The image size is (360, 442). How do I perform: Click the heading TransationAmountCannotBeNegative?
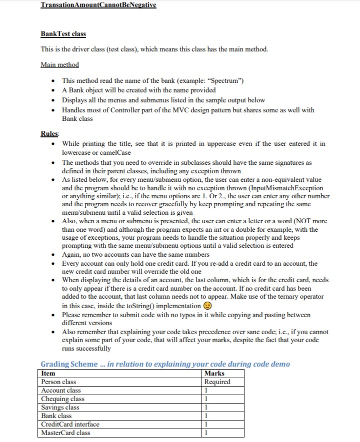98,5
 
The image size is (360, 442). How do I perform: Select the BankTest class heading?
63,34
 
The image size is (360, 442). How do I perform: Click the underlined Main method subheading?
59,65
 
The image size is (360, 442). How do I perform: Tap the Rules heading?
49,134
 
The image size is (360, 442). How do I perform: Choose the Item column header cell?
48,374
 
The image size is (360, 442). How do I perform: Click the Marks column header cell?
214,374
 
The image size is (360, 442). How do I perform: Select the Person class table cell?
58,382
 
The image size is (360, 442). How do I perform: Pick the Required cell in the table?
217,382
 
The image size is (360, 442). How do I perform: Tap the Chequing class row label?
62,399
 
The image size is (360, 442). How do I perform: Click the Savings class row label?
60,408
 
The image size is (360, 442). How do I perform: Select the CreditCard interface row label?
70,425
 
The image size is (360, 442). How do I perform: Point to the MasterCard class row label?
65,433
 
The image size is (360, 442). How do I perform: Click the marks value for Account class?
206,391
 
